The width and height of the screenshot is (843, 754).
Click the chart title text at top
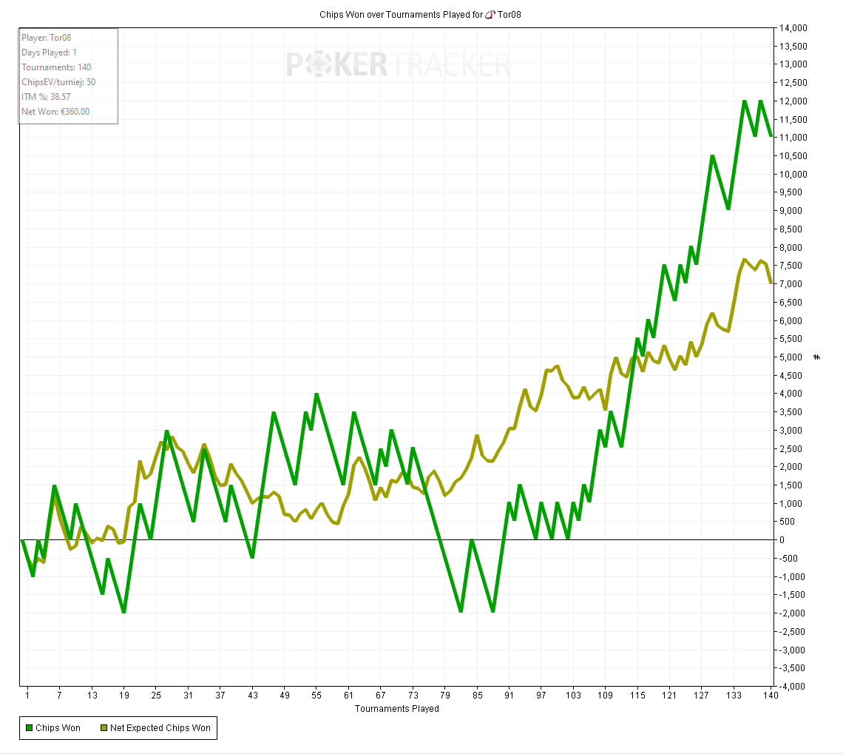coord(420,14)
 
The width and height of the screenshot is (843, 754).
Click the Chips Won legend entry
coord(53,728)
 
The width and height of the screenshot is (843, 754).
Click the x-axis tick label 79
coord(444,696)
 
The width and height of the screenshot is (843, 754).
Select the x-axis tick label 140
coord(770,696)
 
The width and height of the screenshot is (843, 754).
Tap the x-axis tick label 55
coord(316,696)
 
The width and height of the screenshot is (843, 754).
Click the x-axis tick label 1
coord(27,696)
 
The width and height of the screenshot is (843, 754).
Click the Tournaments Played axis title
coord(397,709)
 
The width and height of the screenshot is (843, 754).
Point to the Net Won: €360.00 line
coord(55,112)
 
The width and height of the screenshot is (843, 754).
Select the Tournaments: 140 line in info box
coord(56,67)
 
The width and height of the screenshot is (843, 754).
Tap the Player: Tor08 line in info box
coord(46,37)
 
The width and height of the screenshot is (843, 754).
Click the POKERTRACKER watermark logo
coord(398,64)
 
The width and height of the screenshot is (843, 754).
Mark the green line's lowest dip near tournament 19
coord(123,612)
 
